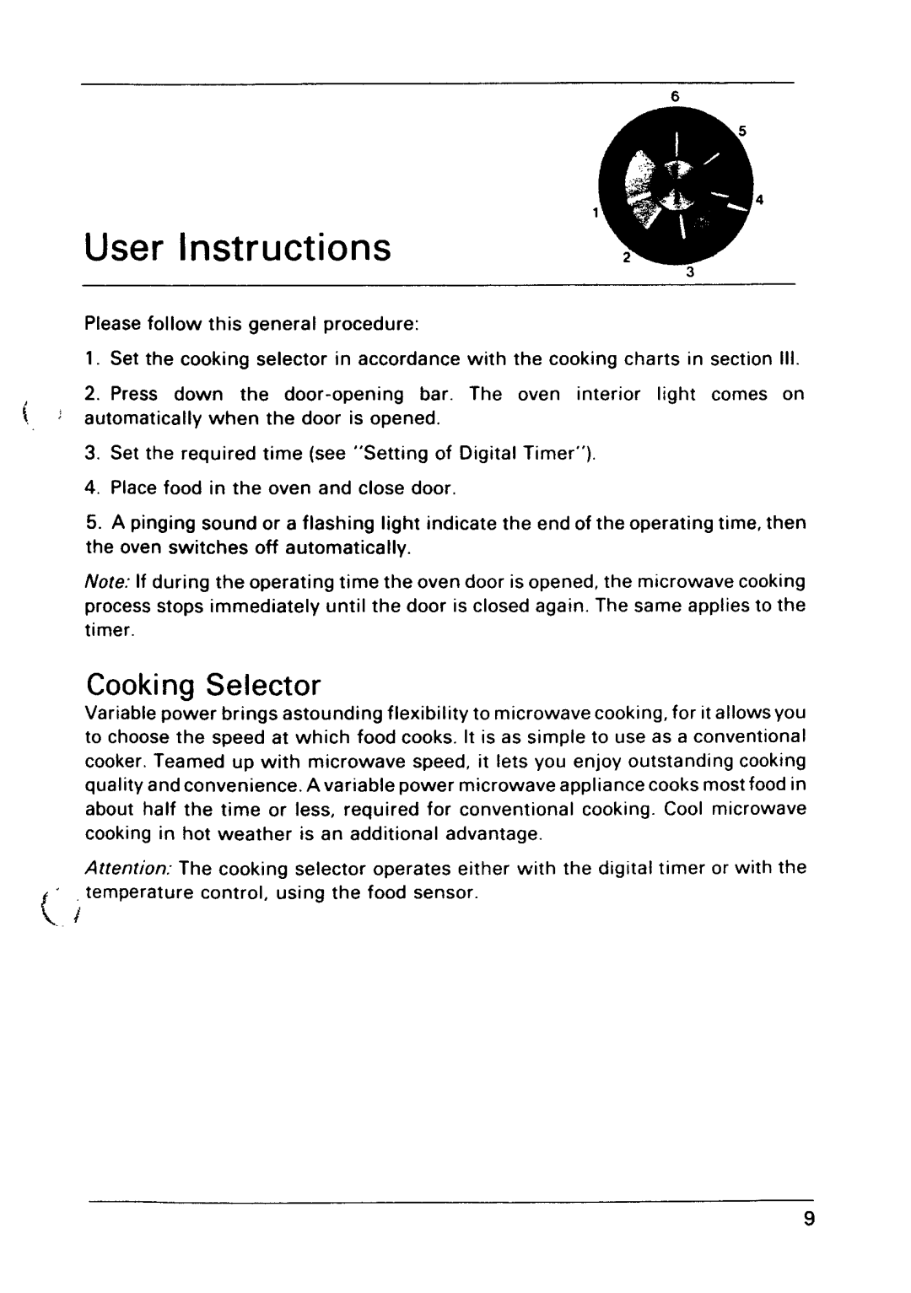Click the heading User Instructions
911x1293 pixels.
[x=239, y=248]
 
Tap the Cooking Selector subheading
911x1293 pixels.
[x=203, y=682]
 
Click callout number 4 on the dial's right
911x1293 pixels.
[x=759, y=200]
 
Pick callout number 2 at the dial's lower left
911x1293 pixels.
[x=626, y=256]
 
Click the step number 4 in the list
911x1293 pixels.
[x=89, y=489]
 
